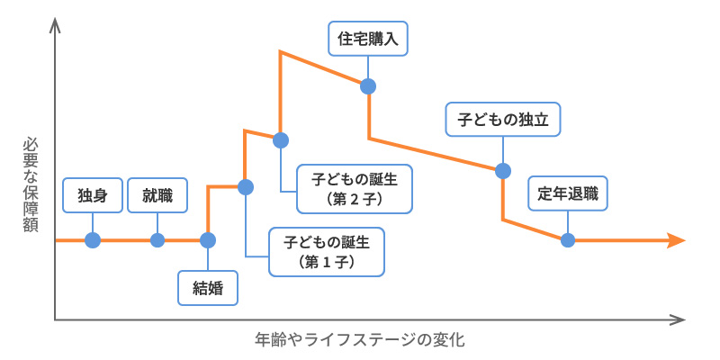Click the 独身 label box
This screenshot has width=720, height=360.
[93, 194]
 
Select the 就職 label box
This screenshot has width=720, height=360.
[157, 194]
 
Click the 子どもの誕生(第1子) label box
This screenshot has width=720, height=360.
[328, 251]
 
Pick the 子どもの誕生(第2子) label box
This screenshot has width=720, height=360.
[354, 188]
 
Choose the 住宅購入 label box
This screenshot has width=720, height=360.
[367, 40]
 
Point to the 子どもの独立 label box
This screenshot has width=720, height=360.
[502, 118]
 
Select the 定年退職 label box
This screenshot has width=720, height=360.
[568, 193]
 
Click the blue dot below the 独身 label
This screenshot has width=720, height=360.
[93, 240]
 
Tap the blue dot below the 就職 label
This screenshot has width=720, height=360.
[157, 240]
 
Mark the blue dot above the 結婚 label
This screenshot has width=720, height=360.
[208, 240]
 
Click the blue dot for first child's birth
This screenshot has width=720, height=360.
[245, 187]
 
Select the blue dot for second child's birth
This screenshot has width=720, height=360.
[281, 139]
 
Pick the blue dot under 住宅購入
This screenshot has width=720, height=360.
[367, 86]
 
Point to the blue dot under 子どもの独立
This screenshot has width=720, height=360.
[502, 169]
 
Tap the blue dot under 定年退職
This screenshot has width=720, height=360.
[568, 240]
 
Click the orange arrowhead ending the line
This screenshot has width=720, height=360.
[677, 240]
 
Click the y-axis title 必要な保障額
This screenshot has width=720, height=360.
[30, 184]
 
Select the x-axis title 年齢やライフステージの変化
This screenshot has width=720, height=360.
[359, 340]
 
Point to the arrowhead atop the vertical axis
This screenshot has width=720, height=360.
[56, 25]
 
